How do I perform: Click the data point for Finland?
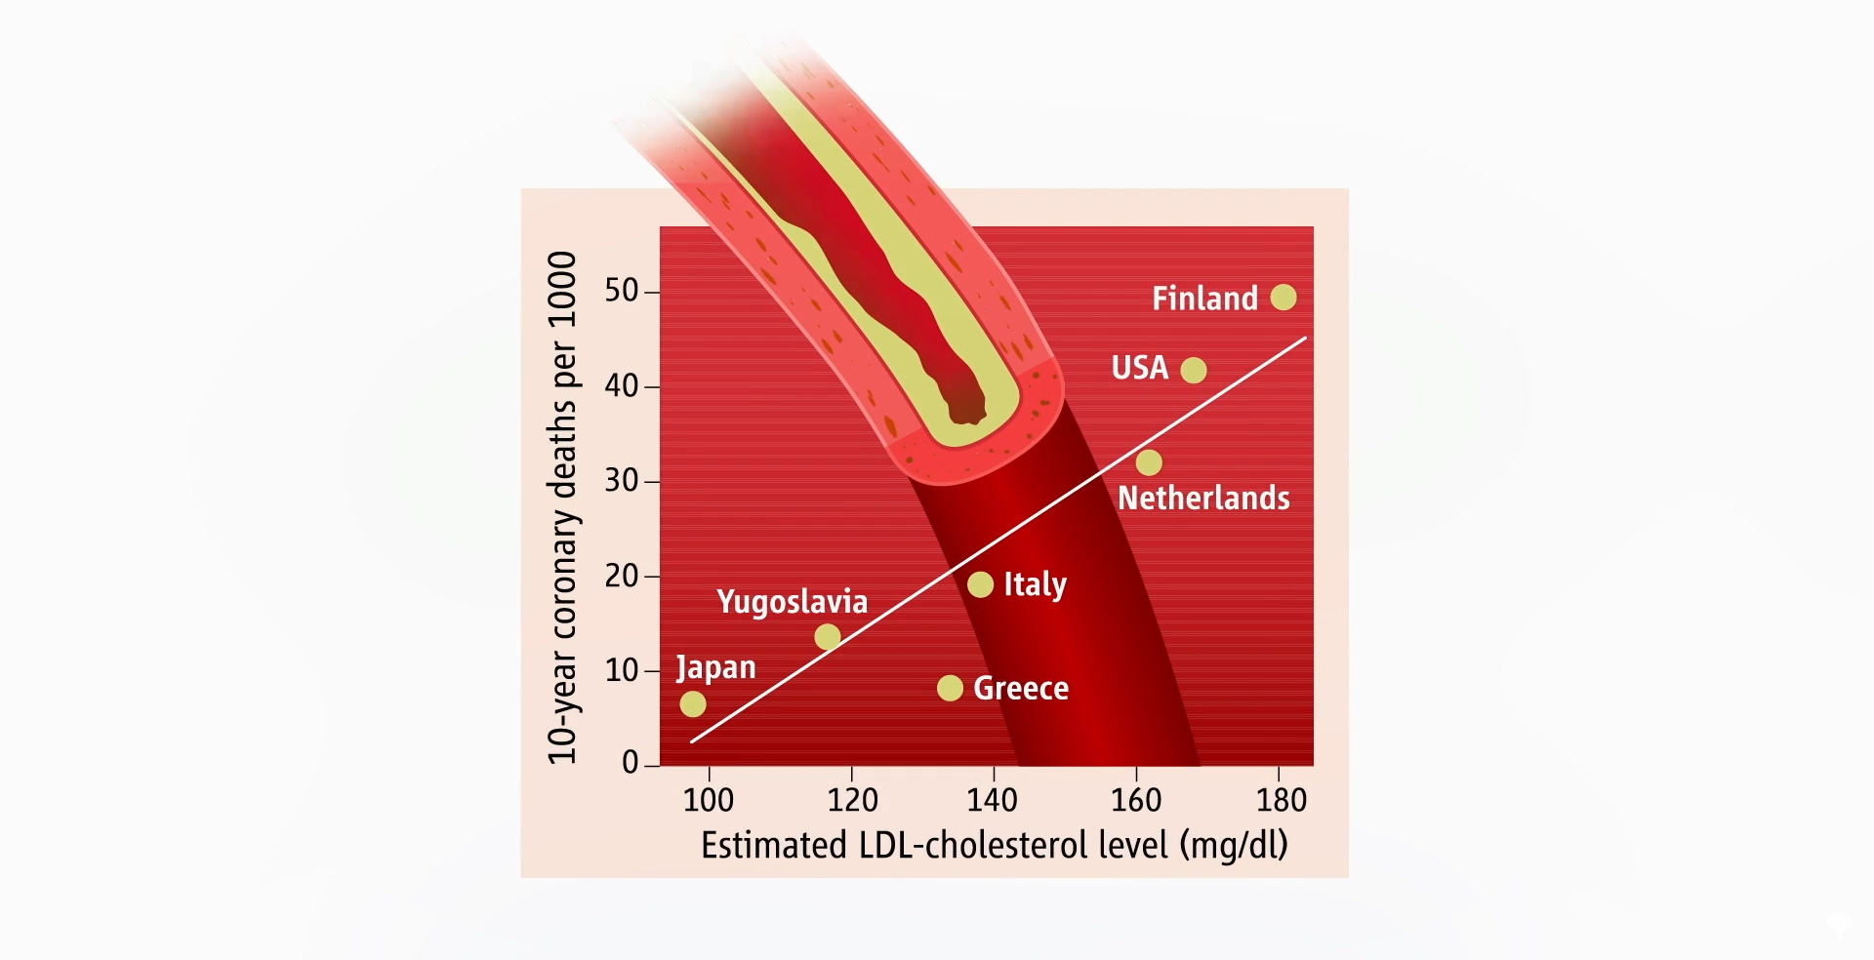coord(1283,297)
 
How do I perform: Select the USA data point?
coord(1193,370)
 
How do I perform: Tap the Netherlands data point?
coord(1149,462)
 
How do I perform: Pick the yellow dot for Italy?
coord(980,584)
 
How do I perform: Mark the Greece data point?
coord(950,688)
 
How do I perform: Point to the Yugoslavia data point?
coord(828,637)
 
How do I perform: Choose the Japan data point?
coord(693,703)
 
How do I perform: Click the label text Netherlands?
coord(1203,499)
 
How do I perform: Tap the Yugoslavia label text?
coord(792,601)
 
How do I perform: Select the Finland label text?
coord(1204,298)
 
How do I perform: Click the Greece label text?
coord(1021,688)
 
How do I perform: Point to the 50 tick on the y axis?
coord(622,291)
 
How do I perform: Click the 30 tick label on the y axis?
coord(622,480)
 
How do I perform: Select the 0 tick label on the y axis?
coord(631,762)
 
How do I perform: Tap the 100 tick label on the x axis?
coord(709,800)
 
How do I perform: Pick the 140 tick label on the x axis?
coord(992,800)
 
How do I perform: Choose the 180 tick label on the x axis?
coord(1281,800)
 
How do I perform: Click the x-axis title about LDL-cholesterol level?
coord(994,845)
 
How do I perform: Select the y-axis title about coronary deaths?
coord(563,507)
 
